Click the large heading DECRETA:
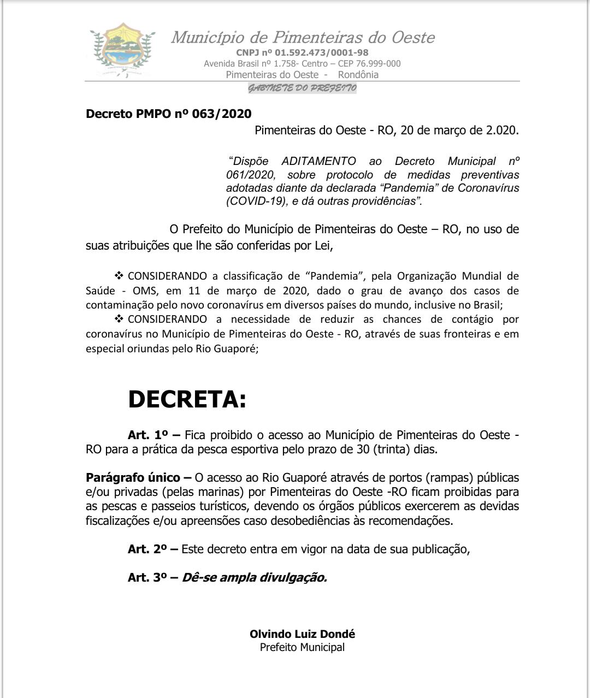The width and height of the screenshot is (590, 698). (x=187, y=400)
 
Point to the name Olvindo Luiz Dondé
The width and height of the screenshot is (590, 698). (x=302, y=634)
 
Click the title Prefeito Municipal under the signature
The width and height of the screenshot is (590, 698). (x=302, y=647)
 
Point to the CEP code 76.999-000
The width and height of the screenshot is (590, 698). (x=378, y=63)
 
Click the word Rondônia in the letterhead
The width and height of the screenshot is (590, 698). (x=358, y=75)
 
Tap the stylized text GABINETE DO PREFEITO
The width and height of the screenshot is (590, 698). (x=302, y=88)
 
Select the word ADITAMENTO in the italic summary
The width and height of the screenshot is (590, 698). (x=318, y=161)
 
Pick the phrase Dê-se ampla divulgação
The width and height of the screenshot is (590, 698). (x=254, y=577)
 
